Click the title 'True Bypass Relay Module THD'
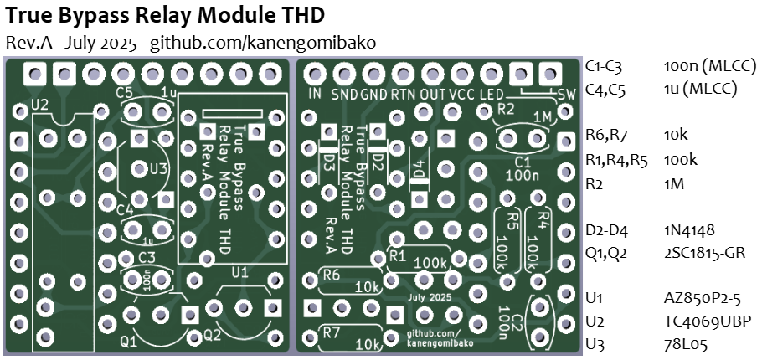(x=165, y=15)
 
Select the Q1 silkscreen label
(x=130, y=342)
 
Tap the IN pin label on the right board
(x=315, y=94)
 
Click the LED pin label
(x=492, y=94)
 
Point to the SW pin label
(x=566, y=95)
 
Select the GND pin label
(x=373, y=94)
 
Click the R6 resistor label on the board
(x=332, y=275)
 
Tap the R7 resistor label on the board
(x=332, y=333)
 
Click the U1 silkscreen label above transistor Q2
(x=239, y=272)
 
